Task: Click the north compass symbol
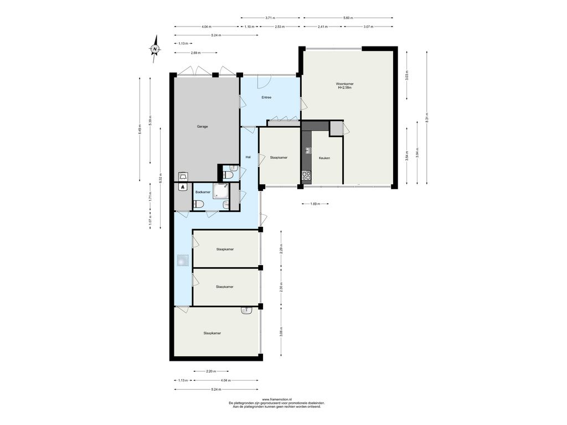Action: pyautogui.click(x=155, y=49)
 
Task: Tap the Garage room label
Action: pyautogui.click(x=202, y=127)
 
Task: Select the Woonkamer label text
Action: pyautogui.click(x=344, y=84)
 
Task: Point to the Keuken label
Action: pyautogui.click(x=324, y=158)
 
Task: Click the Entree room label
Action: pyautogui.click(x=266, y=97)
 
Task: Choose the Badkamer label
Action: pyautogui.click(x=203, y=192)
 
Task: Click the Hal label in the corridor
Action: pyautogui.click(x=248, y=157)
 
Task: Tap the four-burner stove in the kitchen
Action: pyautogui.click(x=306, y=175)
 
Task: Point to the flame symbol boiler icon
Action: pyautogui.click(x=183, y=187)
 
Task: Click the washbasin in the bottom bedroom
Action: pyautogui.click(x=248, y=310)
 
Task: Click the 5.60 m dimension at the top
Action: pyautogui.click(x=348, y=18)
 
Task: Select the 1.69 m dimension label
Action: pyautogui.click(x=315, y=204)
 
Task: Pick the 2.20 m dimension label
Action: pyautogui.click(x=211, y=371)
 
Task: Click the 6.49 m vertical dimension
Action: pyautogui.click(x=140, y=129)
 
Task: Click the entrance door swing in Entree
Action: pyautogui.click(x=265, y=82)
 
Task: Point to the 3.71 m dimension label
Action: pyautogui.click(x=270, y=18)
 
